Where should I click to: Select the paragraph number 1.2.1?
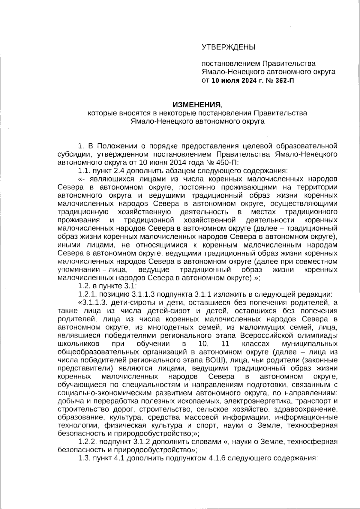[x=86, y=293]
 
